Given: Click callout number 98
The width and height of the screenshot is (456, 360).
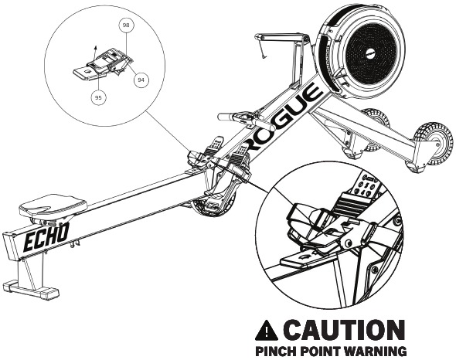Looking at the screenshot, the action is click(126, 25).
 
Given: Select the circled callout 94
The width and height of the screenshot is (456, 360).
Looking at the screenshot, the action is click(141, 80).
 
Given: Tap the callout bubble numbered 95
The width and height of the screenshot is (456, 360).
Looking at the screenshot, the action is click(98, 97).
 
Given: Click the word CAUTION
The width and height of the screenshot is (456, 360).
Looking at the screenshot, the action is click(345, 330).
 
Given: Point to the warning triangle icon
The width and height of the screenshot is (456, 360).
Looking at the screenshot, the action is click(266, 331).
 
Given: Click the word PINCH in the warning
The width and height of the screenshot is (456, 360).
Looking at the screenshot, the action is click(276, 351).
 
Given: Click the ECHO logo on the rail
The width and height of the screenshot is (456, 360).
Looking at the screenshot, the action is click(46, 237).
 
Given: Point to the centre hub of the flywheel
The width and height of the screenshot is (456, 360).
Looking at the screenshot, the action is click(370, 53).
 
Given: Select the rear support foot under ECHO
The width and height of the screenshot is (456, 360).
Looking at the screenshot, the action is click(31, 290).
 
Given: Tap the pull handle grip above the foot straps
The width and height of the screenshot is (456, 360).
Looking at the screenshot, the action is click(247, 120).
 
